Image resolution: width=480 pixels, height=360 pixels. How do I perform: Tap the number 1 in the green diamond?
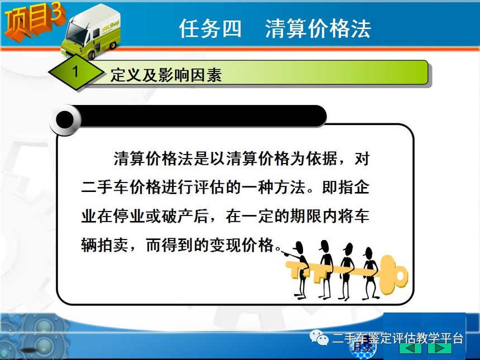75,72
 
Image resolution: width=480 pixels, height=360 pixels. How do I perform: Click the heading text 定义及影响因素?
166,75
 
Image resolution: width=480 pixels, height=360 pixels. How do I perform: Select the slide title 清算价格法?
318,28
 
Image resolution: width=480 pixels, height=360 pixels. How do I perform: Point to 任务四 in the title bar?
210,28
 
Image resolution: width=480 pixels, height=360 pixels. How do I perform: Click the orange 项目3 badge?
34,21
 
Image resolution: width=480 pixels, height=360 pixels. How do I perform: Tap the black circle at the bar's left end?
65,119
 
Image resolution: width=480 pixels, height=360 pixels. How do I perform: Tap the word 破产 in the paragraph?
177,216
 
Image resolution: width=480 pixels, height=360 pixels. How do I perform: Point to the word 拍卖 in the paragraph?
113,245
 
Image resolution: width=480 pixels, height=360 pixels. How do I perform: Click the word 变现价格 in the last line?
242,245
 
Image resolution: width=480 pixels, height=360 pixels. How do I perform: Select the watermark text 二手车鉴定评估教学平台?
397,338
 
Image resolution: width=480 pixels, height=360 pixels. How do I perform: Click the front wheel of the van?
91,55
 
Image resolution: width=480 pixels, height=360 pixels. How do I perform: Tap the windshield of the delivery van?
75,33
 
